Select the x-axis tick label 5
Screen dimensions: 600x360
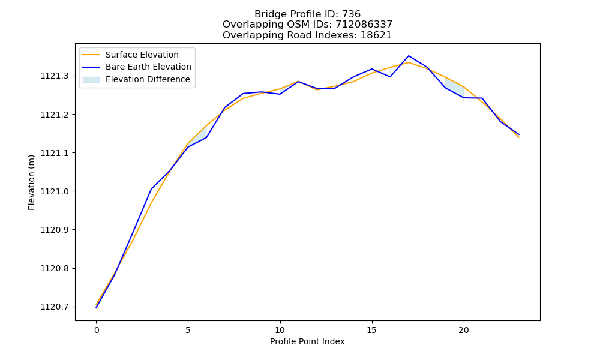coord(188,330)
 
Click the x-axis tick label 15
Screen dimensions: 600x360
coord(371,330)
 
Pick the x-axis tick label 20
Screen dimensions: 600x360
coord(463,330)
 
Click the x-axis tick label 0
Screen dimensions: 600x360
coord(97,330)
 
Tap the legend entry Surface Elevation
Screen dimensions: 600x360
coord(130,55)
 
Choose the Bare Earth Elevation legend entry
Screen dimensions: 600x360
coord(137,67)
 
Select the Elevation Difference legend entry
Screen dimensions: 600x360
coord(136,79)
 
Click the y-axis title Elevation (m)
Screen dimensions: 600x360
coord(31,182)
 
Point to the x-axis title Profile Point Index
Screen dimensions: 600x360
coord(307,341)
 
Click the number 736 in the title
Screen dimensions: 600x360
coord(351,14)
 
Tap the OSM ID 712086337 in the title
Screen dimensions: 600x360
coord(364,25)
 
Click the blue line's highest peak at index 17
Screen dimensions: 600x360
coord(409,56)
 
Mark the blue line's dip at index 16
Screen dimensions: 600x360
coord(391,77)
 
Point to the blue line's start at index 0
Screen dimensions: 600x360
coord(97,308)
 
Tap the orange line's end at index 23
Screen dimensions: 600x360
coord(519,137)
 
